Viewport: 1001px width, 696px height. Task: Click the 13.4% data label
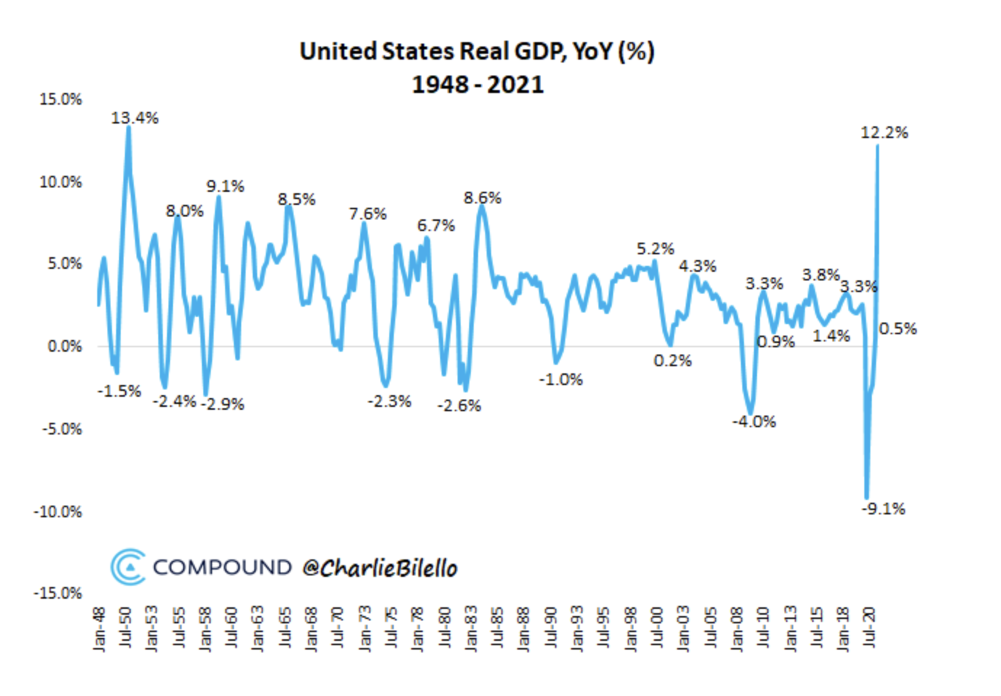[134, 118]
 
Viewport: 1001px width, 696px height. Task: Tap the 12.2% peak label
[884, 132]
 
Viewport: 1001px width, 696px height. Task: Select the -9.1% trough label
[883, 509]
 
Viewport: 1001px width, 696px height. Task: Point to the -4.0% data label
[754, 421]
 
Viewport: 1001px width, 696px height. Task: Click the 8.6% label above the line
[482, 198]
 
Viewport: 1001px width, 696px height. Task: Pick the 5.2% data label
[655, 248]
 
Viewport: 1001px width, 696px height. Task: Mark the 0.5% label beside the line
[898, 328]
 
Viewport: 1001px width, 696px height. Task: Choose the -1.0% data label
[560, 379]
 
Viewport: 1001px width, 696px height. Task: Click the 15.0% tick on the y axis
[60, 99]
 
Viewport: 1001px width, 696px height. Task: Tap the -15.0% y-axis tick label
[57, 593]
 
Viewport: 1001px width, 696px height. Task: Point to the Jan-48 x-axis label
[100, 628]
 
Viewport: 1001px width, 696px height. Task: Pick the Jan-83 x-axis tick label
[471, 628]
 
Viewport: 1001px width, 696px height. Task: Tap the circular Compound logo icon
[128, 567]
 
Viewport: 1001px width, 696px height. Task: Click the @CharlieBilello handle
[379, 567]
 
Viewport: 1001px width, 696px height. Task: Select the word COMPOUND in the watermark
[222, 567]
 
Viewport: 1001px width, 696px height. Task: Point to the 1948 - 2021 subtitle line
[477, 84]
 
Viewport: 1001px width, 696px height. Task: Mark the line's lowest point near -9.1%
[867, 497]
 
